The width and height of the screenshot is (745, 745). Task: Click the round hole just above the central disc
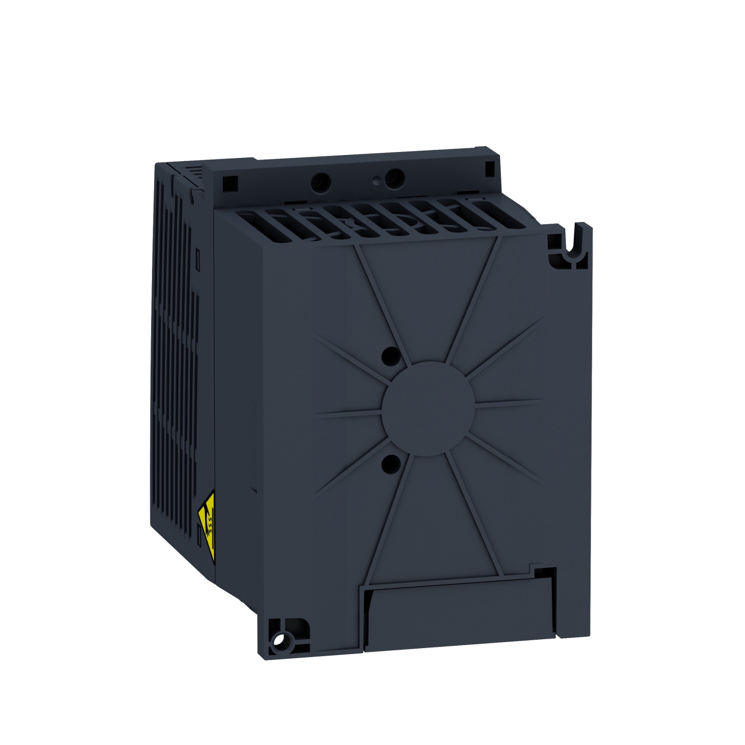pyautogui.click(x=391, y=354)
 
